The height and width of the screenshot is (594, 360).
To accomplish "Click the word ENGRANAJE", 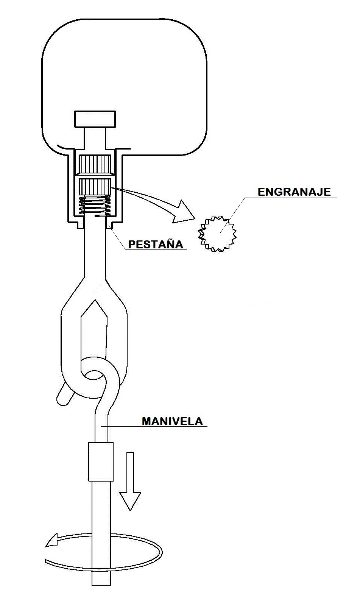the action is (x=294, y=192).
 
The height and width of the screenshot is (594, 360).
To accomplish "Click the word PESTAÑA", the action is (x=156, y=244).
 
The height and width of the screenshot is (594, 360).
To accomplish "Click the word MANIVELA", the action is (x=172, y=421).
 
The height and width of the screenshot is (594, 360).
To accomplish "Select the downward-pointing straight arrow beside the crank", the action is (x=130, y=481).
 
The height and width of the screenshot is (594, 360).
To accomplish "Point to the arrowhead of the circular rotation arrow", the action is (x=52, y=540).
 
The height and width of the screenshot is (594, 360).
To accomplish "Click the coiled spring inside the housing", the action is (x=95, y=204).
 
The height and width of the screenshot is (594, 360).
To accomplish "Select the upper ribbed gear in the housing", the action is (x=95, y=164).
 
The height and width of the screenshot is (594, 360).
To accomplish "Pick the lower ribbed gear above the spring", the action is (x=95, y=187).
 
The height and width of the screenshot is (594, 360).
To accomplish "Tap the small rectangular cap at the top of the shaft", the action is (x=95, y=119).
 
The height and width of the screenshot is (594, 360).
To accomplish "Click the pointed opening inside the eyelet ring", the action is (x=94, y=337).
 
